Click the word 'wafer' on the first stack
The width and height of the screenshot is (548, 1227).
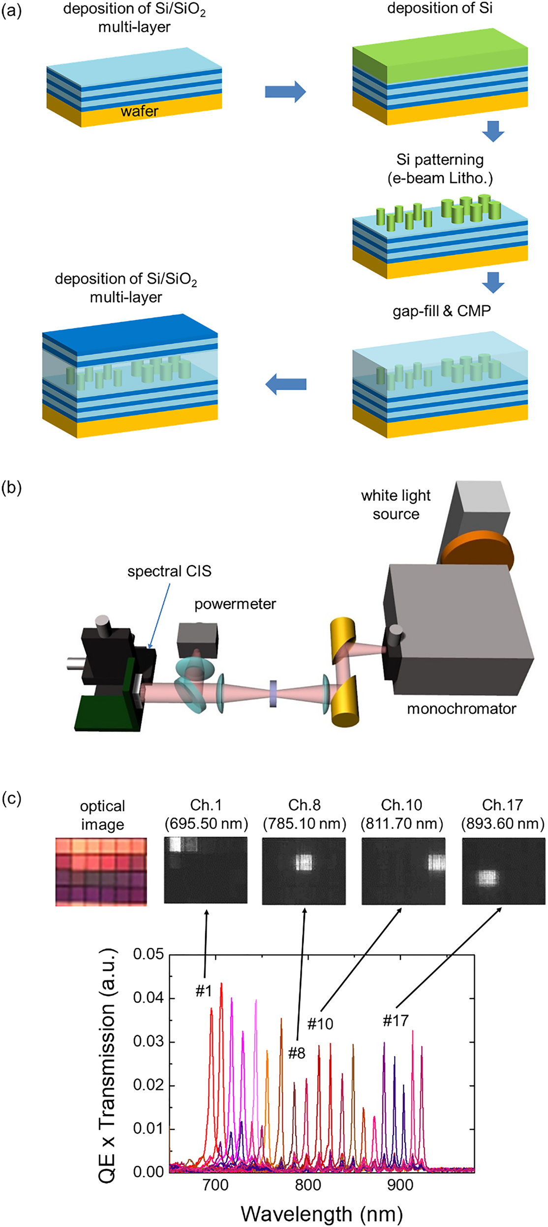pyautogui.click(x=139, y=111)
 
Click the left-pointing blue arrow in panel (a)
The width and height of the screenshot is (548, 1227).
pyautogui.click(x=286, y=384)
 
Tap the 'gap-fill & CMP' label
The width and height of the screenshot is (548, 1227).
pyautogui.click(x=441, y=311)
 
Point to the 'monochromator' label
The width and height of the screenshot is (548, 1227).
pyautogui.click(x=461, y=708)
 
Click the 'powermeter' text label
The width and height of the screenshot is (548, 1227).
pyautogui.click(x=235, y=604)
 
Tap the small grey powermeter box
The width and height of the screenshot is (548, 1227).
pyautogui.click(x=197, y=640)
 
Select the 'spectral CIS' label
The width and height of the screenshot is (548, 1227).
pyautogui.click(x=169, y=571)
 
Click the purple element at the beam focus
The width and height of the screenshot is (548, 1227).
pyautogui.click(x=274, y=693)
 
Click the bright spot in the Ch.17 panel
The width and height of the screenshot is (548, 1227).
pyautogui.click(x=488, y=877)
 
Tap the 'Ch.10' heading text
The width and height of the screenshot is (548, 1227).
pyautogui.click(x=401, y=805)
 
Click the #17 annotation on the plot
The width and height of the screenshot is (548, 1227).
pyautogui.click(x=396, y=1021)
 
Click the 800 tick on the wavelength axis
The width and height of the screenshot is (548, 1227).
pyautogui.click(x=308, y=1185)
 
